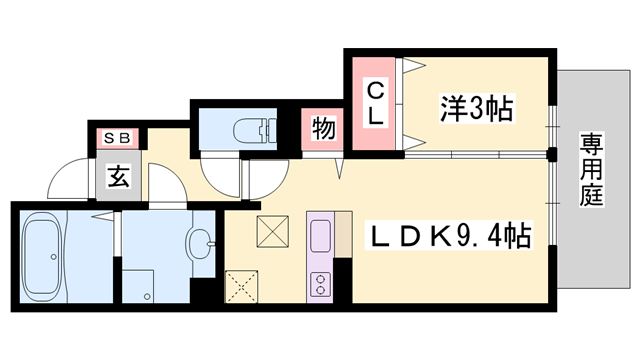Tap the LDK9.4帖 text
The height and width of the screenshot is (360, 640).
pos(449,237)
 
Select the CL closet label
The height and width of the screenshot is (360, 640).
pos(374,103)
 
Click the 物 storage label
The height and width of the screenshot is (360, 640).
pos(323,129)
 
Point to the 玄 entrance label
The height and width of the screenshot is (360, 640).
pos(118,180)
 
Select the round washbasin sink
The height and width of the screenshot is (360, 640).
pos(201,241)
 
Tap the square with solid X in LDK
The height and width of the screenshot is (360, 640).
pos(272,232)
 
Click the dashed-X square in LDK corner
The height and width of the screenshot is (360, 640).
pos(243,285)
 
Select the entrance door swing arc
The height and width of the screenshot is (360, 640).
pos(70,180)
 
